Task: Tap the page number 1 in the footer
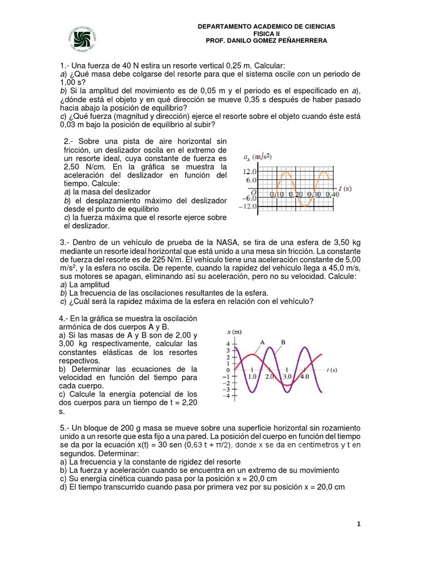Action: [359, 524]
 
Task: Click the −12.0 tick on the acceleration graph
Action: [248, 207]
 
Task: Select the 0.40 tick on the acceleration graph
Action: [331, 194]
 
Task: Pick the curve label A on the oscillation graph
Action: [263, 342]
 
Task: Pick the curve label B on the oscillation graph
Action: [283, 342]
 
